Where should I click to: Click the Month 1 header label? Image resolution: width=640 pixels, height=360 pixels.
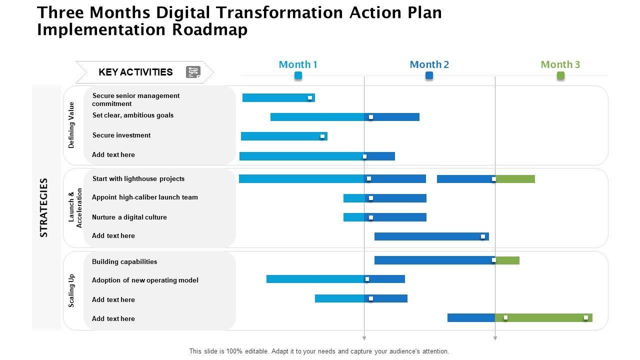click(x=298, y=64)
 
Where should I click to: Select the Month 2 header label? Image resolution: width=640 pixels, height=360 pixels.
click(x=429, y=64)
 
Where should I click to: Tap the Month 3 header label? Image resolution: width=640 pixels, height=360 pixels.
click(x=560, y=64)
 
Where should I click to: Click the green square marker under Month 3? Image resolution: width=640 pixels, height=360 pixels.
click(x=560, y=75)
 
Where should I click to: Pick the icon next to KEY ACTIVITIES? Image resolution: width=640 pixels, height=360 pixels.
click(x=193, y=72)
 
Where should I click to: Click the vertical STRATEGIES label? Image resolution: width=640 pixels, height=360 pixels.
click(x=44, y=207)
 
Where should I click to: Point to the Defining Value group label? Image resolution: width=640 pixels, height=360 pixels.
click(x=71, y=125)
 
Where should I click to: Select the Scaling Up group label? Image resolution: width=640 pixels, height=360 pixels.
click(x=71, y=290)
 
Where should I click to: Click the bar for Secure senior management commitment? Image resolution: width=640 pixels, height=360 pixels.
click(x=278, y=98)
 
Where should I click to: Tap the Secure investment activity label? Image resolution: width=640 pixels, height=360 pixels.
click(x=121, y=135)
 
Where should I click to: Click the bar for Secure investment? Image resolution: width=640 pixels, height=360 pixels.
click(x=283, y=136)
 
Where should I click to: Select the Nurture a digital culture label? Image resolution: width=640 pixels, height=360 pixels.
click(x=129, y=217)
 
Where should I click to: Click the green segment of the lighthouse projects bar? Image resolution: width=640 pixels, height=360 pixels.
click(x=515, y=179)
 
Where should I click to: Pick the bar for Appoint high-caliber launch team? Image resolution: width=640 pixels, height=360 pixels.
click(x=384, y=198)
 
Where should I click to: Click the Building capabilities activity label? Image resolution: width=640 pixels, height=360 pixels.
click(x=124, y=262)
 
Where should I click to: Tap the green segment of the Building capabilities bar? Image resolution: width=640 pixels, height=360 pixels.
click(x=507, y=260)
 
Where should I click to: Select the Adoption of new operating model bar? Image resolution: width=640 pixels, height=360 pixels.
click(x=335, y=279)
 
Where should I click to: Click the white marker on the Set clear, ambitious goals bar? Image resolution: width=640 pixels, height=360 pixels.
click(x=371, y=117)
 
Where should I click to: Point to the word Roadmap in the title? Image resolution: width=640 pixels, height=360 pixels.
click(x=210, y=30)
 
